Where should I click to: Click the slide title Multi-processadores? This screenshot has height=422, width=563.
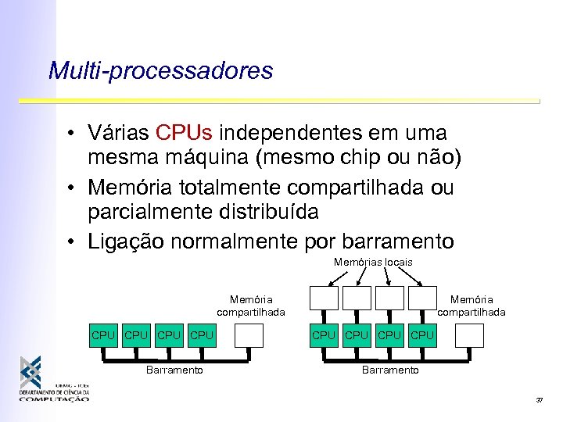[160, 71]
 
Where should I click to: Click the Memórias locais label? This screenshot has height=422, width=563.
[373, 263]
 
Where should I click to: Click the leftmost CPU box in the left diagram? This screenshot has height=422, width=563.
[103, 335]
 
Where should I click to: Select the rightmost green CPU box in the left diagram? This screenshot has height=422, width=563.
[202, 335]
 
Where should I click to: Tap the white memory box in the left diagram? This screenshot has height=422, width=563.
[250, 335]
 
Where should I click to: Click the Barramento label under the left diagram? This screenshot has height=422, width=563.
[174, 370]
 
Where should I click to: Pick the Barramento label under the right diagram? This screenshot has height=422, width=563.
[390, 370]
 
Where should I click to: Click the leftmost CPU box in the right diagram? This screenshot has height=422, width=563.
[324, 335]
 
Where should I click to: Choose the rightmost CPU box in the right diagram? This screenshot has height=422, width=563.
[422, 335]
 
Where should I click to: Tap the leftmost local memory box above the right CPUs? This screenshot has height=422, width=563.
[324, 299]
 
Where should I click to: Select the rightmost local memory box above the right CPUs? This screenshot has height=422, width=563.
[422, 299]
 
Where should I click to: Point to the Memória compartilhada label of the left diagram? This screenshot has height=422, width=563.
[251, 306]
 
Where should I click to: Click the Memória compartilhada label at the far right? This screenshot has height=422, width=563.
[472, 306]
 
